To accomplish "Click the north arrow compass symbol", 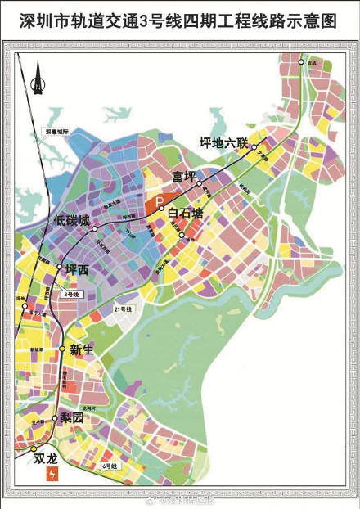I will point(37,82).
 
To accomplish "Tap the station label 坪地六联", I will point(223,142).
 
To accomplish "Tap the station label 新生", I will point(81,349).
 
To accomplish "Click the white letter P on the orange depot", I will point(160,200).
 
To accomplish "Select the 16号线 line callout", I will point(106,466).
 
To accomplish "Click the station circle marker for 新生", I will point(62,349).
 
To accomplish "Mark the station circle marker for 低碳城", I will point(96,228).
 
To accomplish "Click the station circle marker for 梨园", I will point(56,419).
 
